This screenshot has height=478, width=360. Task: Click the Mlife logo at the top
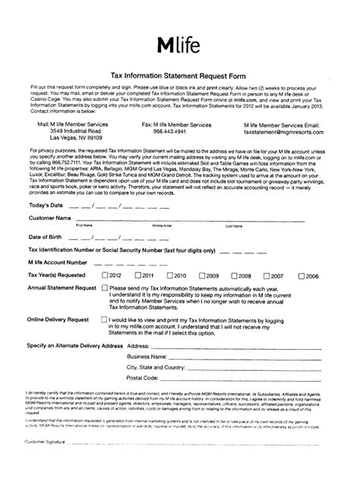pyautogui.click(x=180, y=46)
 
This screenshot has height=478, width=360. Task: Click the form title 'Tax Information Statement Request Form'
pyautogui.click(x=179, y=76)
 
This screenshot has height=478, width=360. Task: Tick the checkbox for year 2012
pyautogui.click(x=105, y=275)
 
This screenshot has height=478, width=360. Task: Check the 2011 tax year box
pyautogui.click(x=137, y=275)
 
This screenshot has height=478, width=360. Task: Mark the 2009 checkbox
pyautogui.click(x=201, y=275)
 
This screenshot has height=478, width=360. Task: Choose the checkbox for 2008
pyautogui.click(x=232, y=275)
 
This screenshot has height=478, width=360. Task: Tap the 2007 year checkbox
pyautogui.click(x=265, y=275)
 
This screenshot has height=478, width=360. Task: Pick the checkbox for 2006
pyautogui.click(x=300, y=275)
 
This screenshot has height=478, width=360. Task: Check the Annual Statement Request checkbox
pyautogui.click(x=105, y=289)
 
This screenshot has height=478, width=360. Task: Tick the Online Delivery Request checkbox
pyautogui.click(x=105, y=319)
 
